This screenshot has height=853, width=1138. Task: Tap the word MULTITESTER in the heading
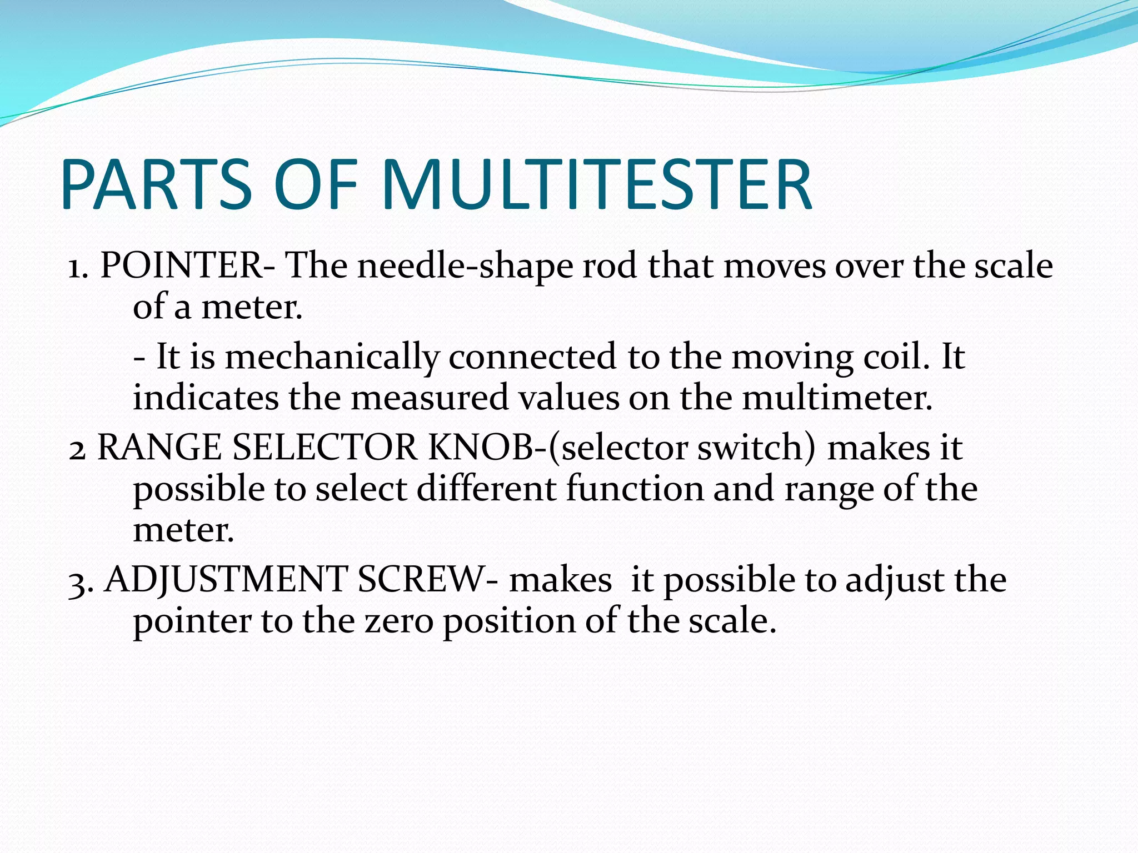point(597,185)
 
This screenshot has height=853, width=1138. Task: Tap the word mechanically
point(332,357)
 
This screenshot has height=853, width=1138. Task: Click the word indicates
point(205,398)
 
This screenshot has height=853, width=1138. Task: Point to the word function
point(634,489)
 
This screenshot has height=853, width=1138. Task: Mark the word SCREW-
point(428,580)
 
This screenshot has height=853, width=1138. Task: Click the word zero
point(399,621)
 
